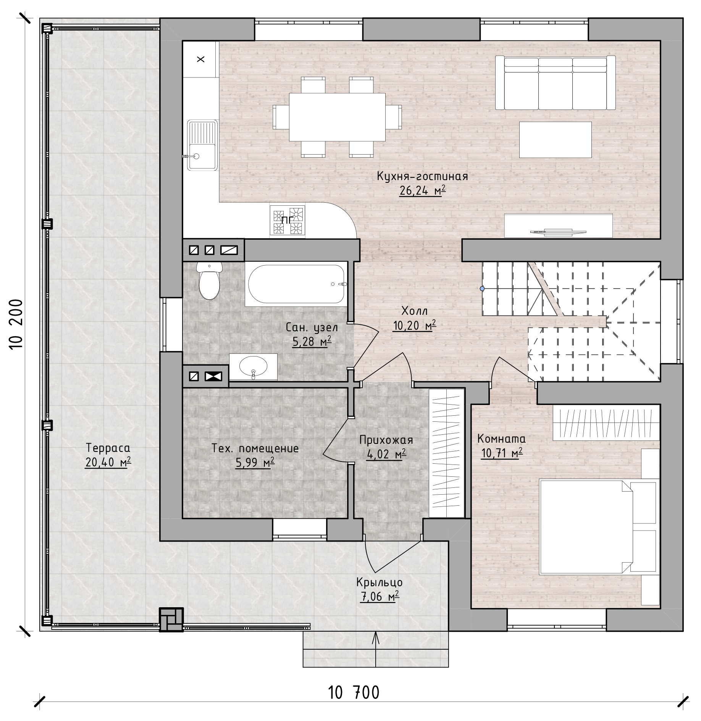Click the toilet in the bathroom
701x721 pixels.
pyautogui.click(x=209, y=281)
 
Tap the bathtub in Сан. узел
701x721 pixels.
pyautogui.click(x=296, y=284)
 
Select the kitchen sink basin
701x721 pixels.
pyautogui.click(x=202, y=145)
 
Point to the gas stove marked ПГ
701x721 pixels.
pyautogui.click(x=288, y=220)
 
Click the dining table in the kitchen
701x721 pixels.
pyautogui.click(x=337, y=117)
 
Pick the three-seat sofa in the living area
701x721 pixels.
pyautogui.click(x=556, y=82)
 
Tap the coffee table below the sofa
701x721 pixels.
pyautogui.click(x=555, y=140)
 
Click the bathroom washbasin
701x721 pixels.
pyautogui.click(x=253, y=367)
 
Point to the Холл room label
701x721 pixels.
pyautogui.click(x=414, y=310)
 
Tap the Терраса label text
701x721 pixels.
pyautogui.click(x=108, y=447)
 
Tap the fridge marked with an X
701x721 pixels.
pyautogui.click(x=201, y=59)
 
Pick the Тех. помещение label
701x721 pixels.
pyautogui.click(x=255, y=448)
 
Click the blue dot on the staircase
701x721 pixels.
pyautogui.click(x=482, y=289)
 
